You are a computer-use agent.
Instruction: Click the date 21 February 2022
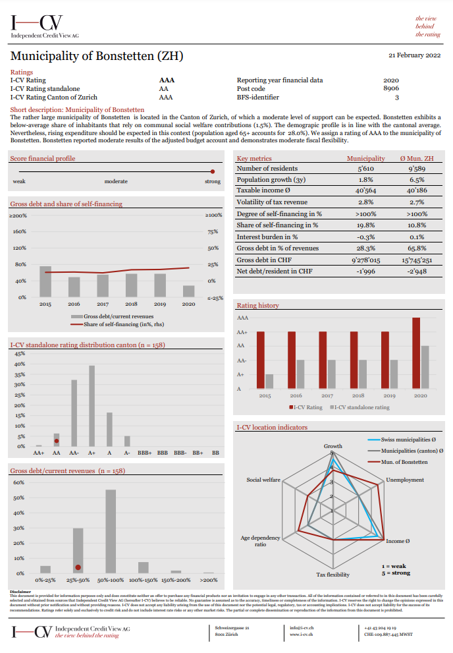[x=414, y=55]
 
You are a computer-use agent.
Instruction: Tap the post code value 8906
[x=391, y=88]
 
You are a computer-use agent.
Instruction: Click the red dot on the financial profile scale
[x=212, y=171]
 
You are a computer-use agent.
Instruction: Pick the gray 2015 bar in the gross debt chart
[x=45, y=281]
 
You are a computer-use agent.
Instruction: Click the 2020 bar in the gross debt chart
[x=188, y=291]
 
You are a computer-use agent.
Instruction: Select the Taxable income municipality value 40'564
[x=366, y=190]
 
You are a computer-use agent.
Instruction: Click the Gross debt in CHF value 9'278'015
[x=366, y=259]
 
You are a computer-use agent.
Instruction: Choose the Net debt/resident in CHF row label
[x=275, y=271]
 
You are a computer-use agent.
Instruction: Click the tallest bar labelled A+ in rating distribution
[x=92, y=406]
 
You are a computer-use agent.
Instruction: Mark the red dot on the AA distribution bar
[x=57, y=441]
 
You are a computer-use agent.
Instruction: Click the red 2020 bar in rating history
[x=415, y=355]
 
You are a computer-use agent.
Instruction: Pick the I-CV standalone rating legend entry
[x=361, y=407]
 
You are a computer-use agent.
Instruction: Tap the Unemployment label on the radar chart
[x=404, y=480]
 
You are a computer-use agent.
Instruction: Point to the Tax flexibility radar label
[x=333, y=575]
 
